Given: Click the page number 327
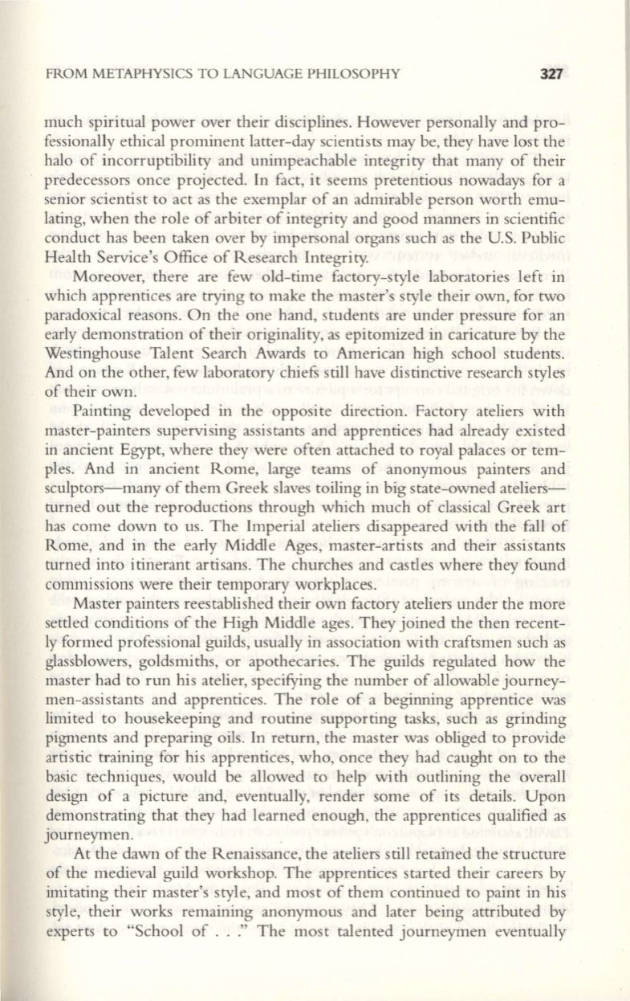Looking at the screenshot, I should pos(555,75).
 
